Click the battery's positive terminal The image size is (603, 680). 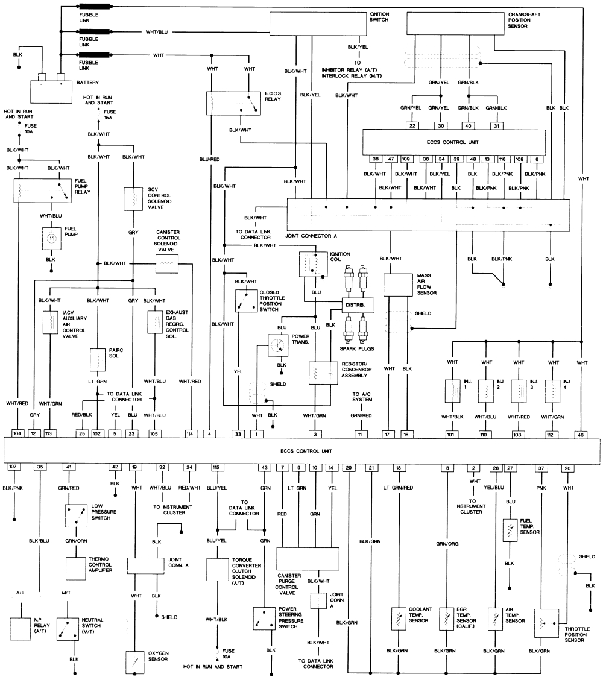click(60, 77)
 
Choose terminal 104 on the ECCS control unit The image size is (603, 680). click(17, 433)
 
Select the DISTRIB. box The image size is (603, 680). click(358, 305)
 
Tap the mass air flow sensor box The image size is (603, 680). click(397, 285)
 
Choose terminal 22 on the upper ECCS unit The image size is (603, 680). click(412, 125)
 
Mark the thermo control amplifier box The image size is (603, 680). click(76, 568)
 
